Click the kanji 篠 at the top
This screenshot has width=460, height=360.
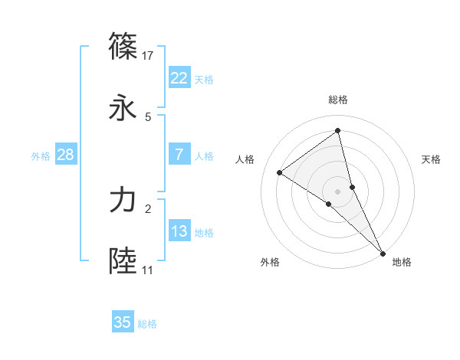[x=123, y=47]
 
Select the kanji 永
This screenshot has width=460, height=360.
[x=123, y=108]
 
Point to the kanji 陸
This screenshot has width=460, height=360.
[x=123, y=261]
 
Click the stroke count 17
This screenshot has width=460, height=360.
[x=149, y=56]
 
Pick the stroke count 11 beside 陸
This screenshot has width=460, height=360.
[x=147, y=270]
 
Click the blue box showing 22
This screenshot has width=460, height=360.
[x=179, y=78]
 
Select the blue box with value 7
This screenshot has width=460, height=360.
[x=179, y=155]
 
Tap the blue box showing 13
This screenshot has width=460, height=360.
[x=179, y=231]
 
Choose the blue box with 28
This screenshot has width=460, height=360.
[x=65, y=155]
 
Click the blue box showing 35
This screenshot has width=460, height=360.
[x=123, y=322]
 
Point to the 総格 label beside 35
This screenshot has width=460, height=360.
[x=147, y=324]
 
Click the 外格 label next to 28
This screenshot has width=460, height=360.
[x=41, y=156]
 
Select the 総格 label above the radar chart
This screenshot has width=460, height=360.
[x=337, y=100]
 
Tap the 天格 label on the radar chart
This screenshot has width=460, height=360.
[x=431, y=159]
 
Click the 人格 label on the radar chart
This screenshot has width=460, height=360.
[x=245, y=159]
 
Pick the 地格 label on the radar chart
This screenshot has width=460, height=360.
[x=402, y=262]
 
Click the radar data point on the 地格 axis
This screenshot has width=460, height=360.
[x=383, y=253]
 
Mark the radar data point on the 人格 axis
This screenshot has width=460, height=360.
[x=280, y=172]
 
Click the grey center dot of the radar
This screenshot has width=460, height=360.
[x=337, y=191]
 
